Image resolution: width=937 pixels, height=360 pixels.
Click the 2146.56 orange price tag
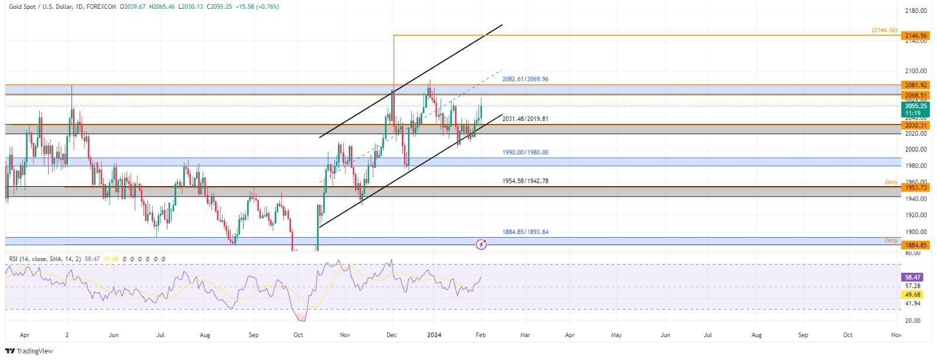915,36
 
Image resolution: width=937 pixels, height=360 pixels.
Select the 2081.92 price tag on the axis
915,85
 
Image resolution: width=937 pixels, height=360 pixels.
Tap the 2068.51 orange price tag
915,95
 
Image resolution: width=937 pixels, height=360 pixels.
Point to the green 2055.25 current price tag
915,106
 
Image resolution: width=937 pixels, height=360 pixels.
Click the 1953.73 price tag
915,187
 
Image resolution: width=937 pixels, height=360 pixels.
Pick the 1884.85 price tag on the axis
915,245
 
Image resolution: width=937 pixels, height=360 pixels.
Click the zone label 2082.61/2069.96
525,79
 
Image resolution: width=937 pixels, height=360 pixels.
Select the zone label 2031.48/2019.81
525,119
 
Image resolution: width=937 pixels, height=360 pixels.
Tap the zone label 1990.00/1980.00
525,153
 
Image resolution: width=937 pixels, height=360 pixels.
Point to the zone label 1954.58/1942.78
525,181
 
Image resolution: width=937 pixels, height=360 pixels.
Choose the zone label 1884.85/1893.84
525,232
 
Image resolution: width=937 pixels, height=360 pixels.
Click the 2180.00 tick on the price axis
915,11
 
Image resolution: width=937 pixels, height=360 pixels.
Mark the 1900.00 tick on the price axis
915,232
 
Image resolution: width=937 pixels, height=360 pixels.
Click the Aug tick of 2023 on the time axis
204,335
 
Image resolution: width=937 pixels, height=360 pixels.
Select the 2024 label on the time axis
434,335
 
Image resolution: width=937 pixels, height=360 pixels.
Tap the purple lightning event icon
481,244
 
